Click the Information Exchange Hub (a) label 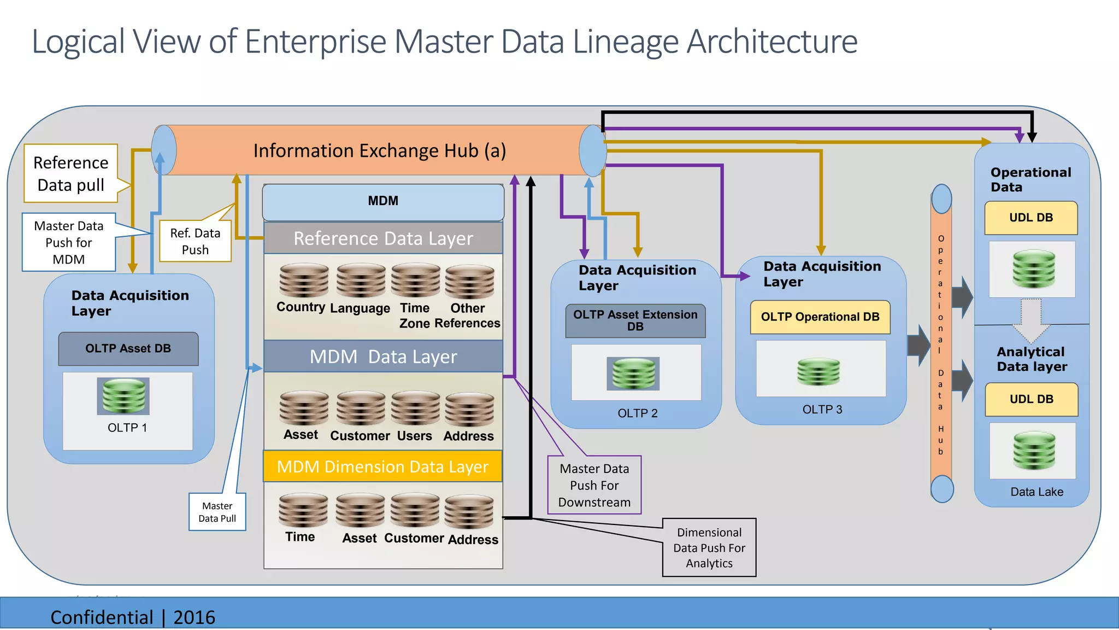(380, 150)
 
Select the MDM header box (383, 201)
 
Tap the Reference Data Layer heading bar (383, 238)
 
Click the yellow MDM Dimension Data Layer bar (382, 466)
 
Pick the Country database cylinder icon (304, 281)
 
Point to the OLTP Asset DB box (128, 348)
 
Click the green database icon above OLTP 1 (123, 395)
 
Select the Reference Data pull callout (70, 173)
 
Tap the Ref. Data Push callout (195, 241)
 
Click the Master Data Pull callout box (217, 512)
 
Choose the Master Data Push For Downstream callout (594, 485)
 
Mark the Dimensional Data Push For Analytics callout (709, 547)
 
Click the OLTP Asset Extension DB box (635, 320)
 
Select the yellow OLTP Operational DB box (820, 317)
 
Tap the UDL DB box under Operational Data (1030, 218)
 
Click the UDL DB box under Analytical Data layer (1031, 399)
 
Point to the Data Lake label (1036, 492)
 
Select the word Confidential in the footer (102, 617)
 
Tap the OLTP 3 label (822, 410)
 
